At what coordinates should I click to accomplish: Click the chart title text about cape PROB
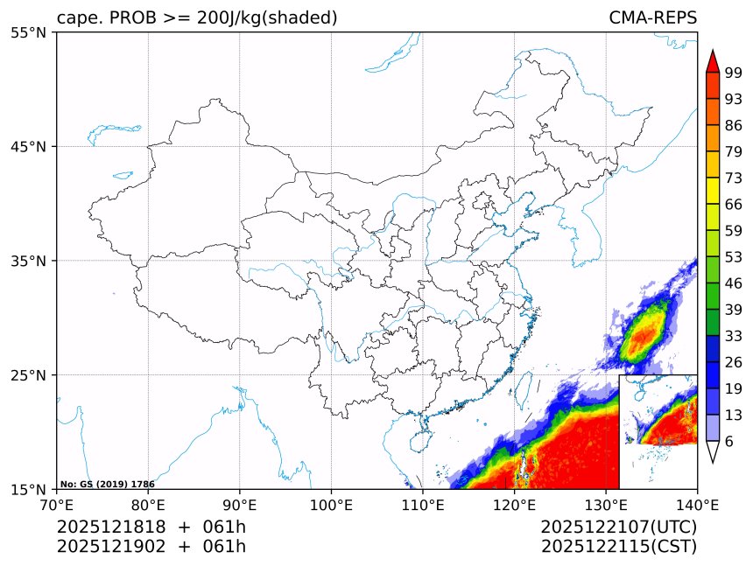[x=197, y=18]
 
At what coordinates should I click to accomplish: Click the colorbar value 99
[x=734, y=73]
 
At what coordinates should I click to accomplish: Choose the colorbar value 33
[x=734, y=336]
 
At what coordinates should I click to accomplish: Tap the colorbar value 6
[x=729, y=442]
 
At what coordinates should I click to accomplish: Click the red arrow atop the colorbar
[x=712, y=60]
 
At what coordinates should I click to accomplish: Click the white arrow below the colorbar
[x=712, y=451]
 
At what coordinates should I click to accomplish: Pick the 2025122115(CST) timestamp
[x=618, y=547]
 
